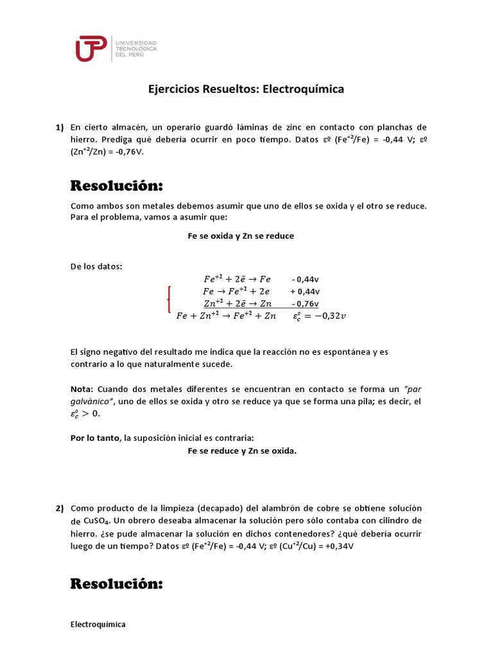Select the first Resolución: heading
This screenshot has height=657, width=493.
tap(116, 186)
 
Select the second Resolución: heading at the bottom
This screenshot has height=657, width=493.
tap(116, 584)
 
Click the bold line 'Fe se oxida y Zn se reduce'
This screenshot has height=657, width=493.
tap(241, 235)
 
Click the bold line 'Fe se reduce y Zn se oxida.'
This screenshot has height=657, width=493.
tap(242, 451)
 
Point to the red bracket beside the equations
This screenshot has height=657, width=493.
tap(169, 297)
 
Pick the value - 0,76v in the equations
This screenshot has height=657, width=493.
tap(305, 303)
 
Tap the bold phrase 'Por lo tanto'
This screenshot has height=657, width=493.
tap(95, 438)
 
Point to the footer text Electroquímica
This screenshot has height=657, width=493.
tap(98, 624)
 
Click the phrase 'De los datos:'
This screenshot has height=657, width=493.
tap(96, 266)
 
